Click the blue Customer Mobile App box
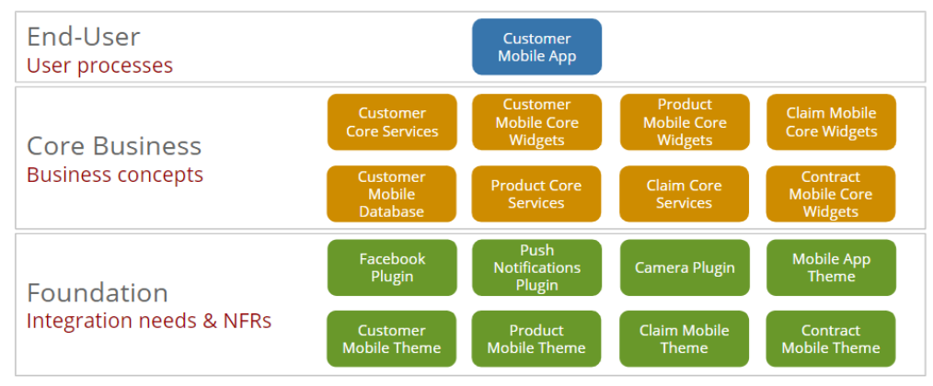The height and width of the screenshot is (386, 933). coord(536,47)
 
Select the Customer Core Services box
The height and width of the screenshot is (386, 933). coord(392,122)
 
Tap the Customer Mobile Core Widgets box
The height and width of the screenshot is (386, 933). coord(536,122)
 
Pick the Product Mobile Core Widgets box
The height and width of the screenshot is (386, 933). coord(684,122)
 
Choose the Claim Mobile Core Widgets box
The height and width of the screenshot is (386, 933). coord(831,122)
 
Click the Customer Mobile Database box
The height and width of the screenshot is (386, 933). coord(392,194)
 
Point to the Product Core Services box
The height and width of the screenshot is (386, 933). coord(536,194)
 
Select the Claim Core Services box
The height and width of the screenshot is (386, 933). coord(684,194)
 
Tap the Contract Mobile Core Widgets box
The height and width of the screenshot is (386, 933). coord(831,194)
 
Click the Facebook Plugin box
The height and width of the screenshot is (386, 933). coord(392,267)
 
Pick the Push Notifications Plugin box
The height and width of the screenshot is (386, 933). coord(536,267)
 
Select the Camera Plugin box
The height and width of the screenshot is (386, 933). coord(684,267)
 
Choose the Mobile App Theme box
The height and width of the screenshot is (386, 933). coord(831,267)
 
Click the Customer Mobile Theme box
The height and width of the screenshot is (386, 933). coord(392,339)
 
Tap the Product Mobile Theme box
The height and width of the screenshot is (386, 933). coord(536,339)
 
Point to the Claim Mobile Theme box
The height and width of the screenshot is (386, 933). coord(684,339)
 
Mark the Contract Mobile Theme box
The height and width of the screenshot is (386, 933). coord(831,339)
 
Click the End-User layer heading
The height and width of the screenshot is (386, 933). coord(84,37)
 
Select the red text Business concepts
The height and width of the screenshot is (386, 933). coord(115,175)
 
